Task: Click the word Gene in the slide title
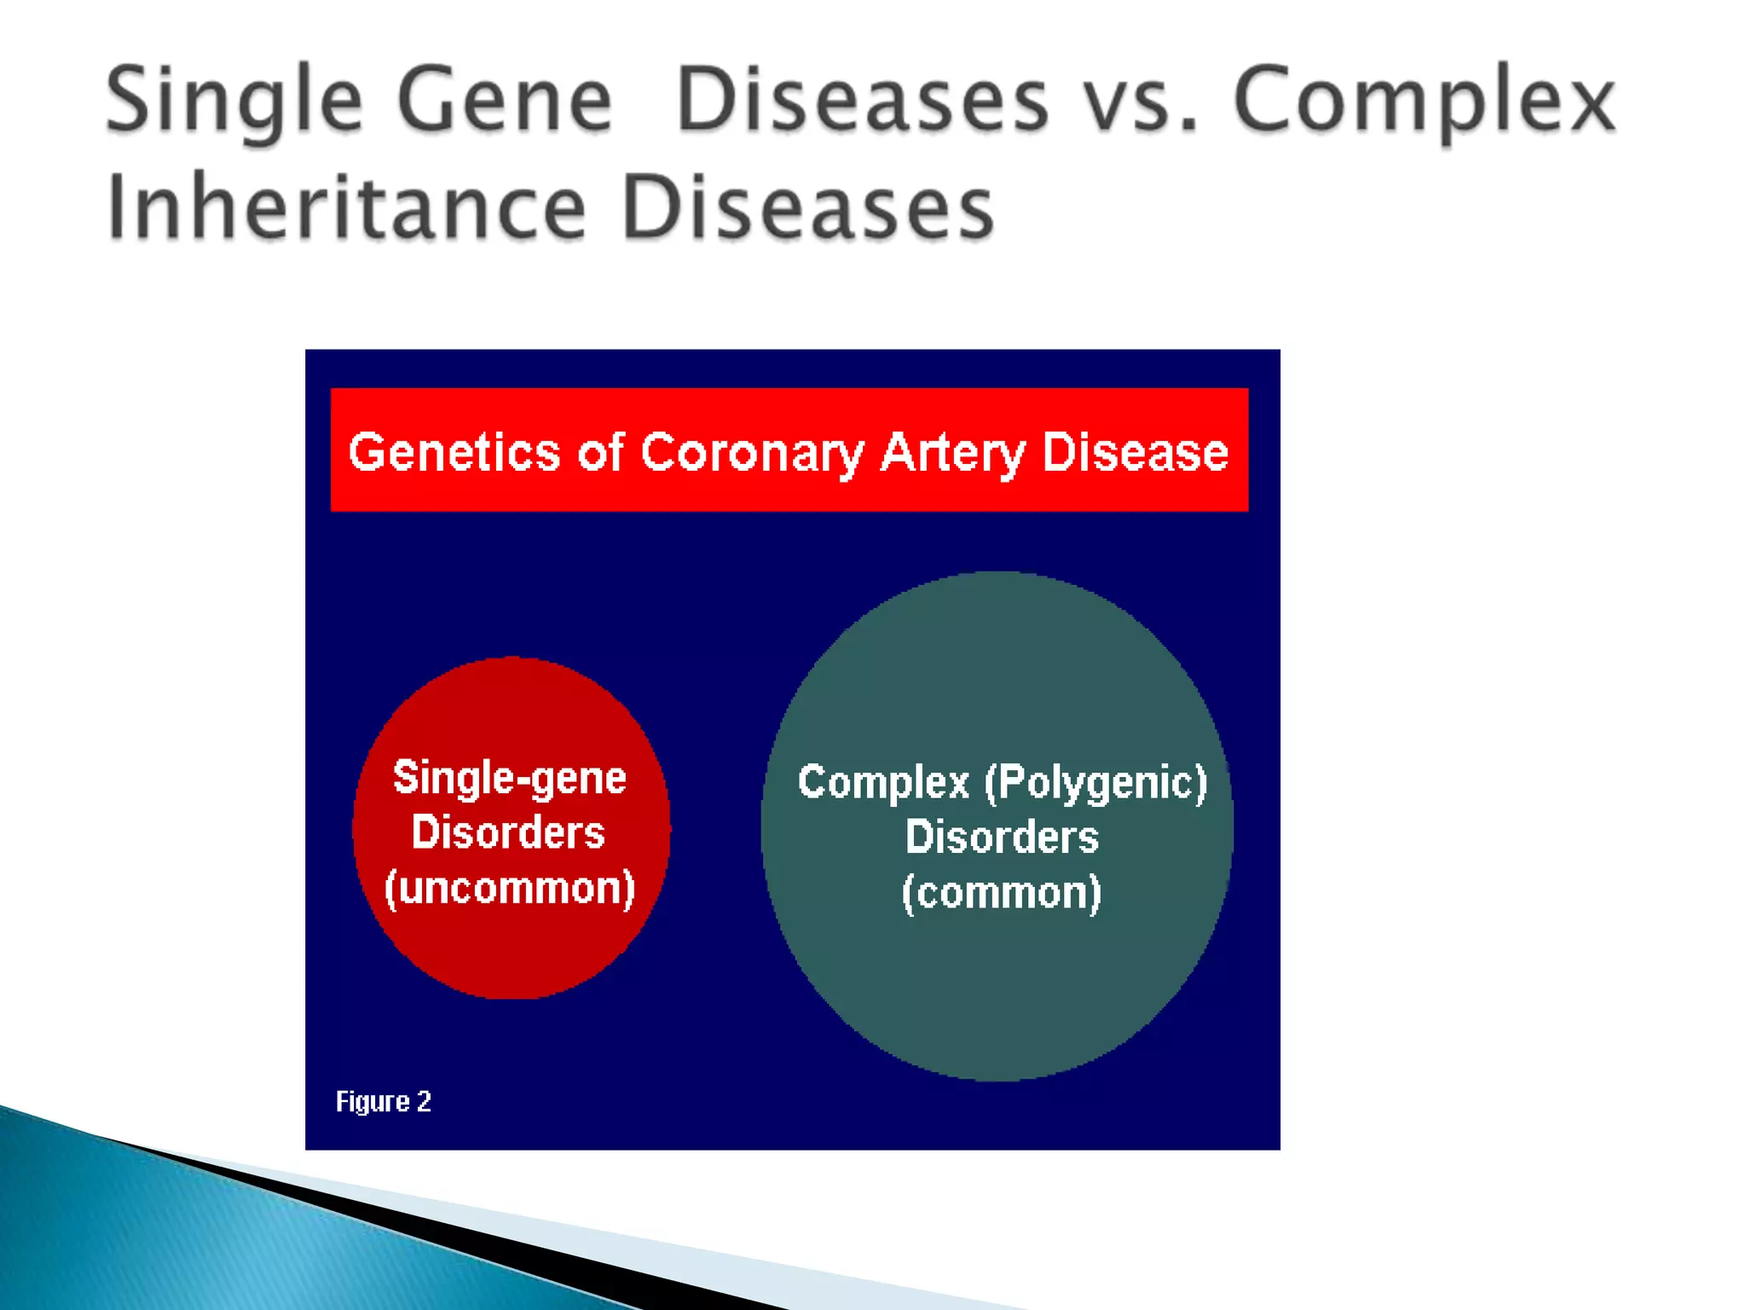pyautogui.click(x=505, y=102)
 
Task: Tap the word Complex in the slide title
pyautogui.click(x=1424, y=102)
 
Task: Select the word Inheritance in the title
pyautogui.click(x=346, y=208)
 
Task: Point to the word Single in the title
pyautogui.click(x=234, y=102)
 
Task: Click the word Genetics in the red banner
pyautogui.click(x=454, y=452)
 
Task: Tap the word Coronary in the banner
pyautogui.click(x=752, y=452)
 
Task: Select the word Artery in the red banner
pyautogui.click(x=952, y=452)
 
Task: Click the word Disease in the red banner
pyautogui.click(x=1135, y=452)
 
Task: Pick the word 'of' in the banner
pyautogui.click(x=600, y=452)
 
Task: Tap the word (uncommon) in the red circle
pyautogui.click(x=510, y=889)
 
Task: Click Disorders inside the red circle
pyautogui.click(x=508, y=833)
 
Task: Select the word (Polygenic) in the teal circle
pyautogui.click(x=1096, y=783)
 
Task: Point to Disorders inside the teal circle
pyautogui.click(x=1002, y=838)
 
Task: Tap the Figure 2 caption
pyautogui.click(x=384, y=1101)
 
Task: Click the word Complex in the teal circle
pyautogui.click(x=883, y=783)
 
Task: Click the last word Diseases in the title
pyautogui.click(x=807, y=208)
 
